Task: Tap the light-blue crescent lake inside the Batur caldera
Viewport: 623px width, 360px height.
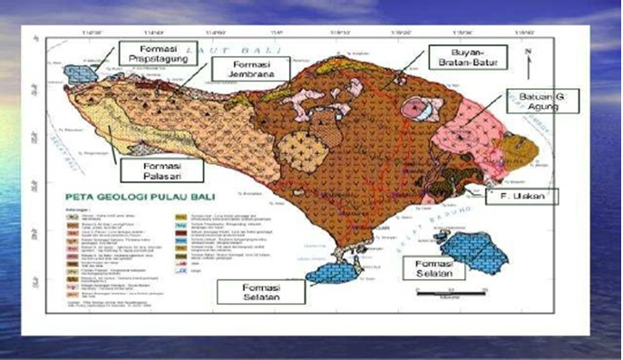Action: (x=418, y=109)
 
